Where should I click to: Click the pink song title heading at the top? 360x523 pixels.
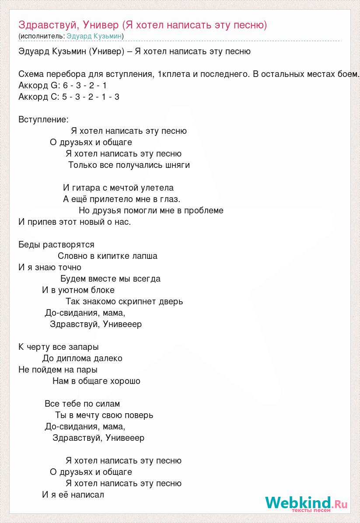(x=143, y=24)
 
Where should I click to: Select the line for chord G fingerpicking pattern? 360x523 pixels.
(x=63, y=85)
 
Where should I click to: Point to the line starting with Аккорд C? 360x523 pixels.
(x=69, y=97)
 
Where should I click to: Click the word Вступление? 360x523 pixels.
(x=43, y=119)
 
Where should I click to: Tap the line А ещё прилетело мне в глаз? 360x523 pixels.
(x=122, y=199)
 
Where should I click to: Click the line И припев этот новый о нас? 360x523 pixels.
(x=75, y=222)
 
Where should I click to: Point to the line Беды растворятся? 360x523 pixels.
(x=56, y=244)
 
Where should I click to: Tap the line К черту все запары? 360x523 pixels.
(x=59, y=347)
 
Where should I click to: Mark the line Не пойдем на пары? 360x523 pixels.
(x=58, y=370)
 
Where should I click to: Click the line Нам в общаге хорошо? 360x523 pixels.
(x=96, y=381)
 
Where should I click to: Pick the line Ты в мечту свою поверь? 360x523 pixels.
(x=104, y=415)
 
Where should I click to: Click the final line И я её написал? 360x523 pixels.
(x=73, y=495)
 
